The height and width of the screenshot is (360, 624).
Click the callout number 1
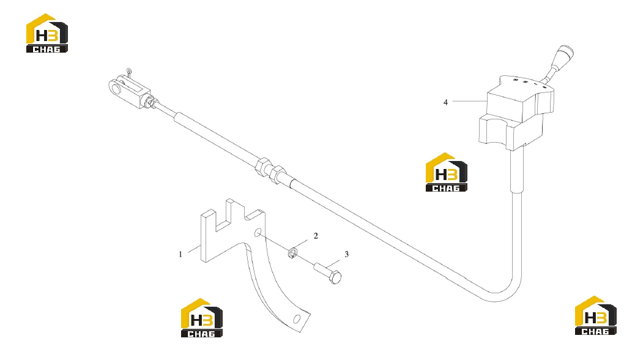coord(180,254)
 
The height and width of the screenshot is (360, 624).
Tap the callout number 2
coord(316,236)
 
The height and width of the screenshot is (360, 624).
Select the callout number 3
coord(347,254)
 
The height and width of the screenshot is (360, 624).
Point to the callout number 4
coord(446,102)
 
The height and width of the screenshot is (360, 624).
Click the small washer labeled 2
coord(293,252)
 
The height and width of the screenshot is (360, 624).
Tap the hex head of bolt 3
coord(335,277)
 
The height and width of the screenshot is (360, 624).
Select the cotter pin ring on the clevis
coord(129,71)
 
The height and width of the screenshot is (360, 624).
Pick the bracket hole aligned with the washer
coord(258,232)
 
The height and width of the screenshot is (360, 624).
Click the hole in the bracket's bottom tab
coord(297,319)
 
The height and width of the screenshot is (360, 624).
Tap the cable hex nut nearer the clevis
coord(263,167)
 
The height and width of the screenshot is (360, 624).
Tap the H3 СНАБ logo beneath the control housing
coord(447,173)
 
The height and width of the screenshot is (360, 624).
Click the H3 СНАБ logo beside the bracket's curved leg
coord(202,318)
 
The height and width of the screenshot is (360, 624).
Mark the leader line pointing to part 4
coord(470,102)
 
